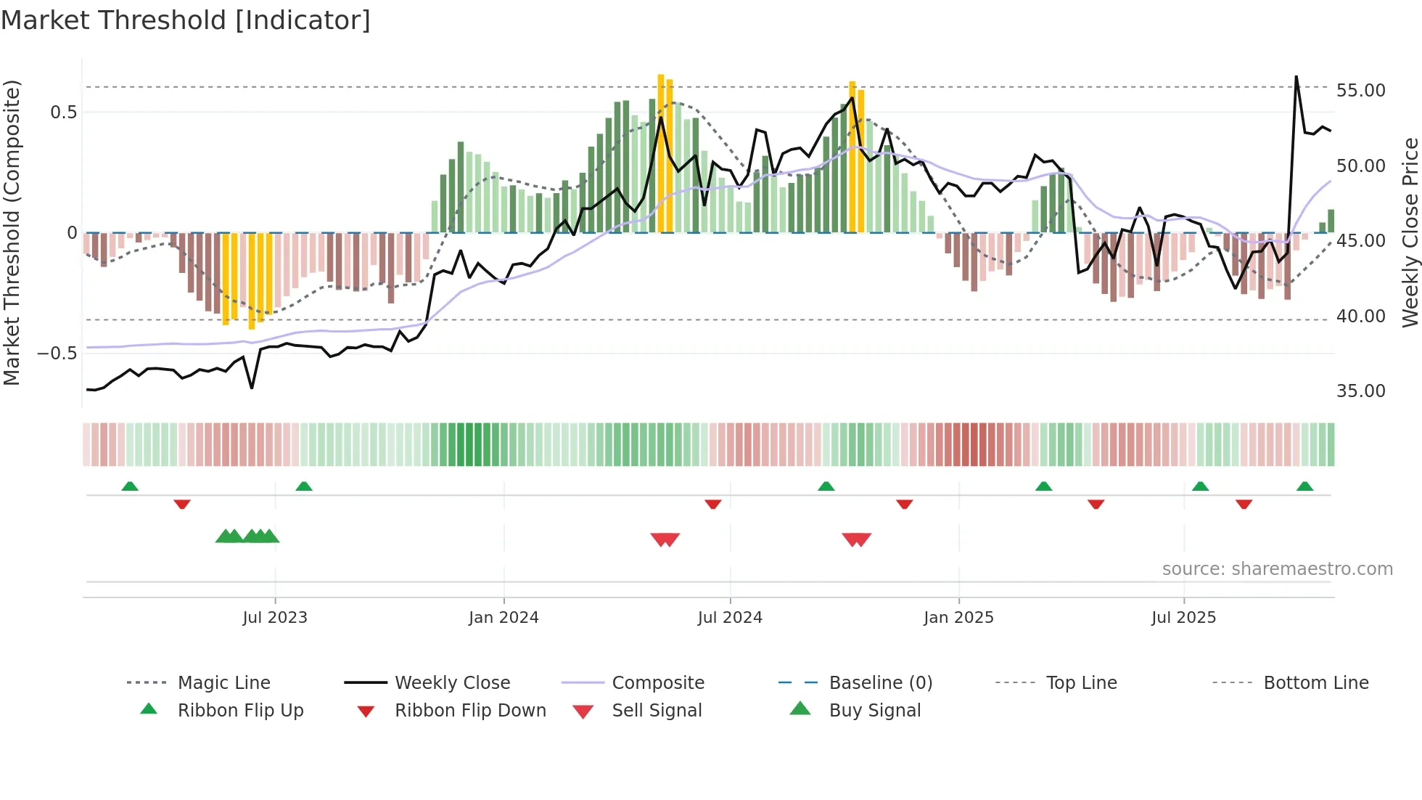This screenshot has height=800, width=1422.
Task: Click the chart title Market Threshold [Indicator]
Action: click(x=186, y=20)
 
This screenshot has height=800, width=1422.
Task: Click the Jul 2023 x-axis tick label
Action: click(x=275, y=618)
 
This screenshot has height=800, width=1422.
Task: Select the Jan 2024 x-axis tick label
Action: click(x=504, y=618)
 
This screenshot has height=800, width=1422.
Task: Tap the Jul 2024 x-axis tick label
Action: click(x=730, y=618)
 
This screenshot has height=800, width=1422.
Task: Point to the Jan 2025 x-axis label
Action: click(x=958, y=618)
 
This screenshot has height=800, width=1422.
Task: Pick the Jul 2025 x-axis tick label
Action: click(x=1183, y=618)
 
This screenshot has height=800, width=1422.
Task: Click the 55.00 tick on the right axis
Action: click(x=1360, y=91)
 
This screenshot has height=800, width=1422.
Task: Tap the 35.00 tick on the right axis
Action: click(x=1360, y=391)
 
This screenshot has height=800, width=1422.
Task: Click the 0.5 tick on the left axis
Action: click(x=63, y=113)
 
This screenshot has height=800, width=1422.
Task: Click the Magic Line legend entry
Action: click(x=223, y=683)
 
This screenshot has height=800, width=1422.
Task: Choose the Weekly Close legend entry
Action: click(x=452, y=683)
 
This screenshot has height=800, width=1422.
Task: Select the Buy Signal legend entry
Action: click(x=874, y=711)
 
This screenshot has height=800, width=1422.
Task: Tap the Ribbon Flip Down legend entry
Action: click(x=470, y=711)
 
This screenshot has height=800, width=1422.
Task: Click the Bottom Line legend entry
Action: click(x=1315, y=683)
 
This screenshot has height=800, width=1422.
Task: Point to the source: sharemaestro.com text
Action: click(x=1277, y=569)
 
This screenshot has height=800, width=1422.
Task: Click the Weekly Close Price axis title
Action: click(x=1410, y=232)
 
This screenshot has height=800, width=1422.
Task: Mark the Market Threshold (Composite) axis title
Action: click(x=12, y=232)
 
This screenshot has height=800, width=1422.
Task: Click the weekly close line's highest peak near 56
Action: click(x=1296, y=76)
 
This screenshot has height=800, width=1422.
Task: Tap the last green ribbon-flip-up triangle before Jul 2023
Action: click(x=130, y=486)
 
